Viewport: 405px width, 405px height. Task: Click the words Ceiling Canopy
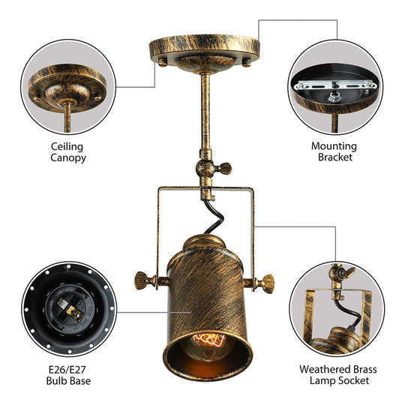[67, 152]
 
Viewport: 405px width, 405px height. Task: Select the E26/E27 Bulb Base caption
[67, 375]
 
